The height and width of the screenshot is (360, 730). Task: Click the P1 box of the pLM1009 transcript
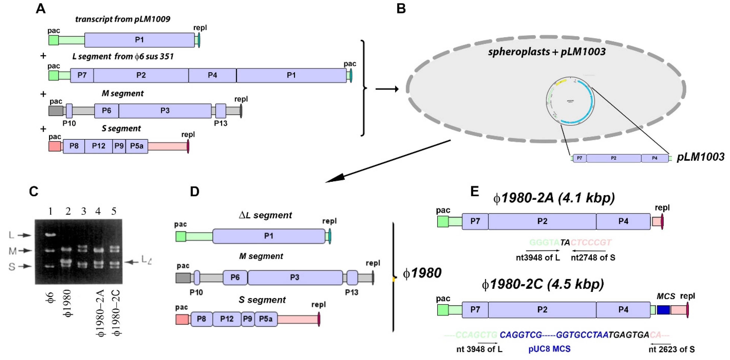pyautogui.click(x=139, y=40)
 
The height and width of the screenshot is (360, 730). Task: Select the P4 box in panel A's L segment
pyautogui.click(x=212, y=75)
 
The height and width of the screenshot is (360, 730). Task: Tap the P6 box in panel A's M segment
pyautogui.click(x=106, y=110)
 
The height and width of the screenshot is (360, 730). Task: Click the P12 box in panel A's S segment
pyautogui.click(x=98, y=146)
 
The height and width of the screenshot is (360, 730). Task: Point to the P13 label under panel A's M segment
pyautogui.click(x=221, y=123)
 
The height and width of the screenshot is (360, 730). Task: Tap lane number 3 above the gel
pyautogui.click(x=83, y=211)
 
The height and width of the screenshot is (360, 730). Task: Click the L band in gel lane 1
pyautogui.click(x=50, y=235)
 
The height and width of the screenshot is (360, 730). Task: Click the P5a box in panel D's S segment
pyautogui.click(x=265, y=319)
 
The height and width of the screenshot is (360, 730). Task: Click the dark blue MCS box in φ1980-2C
pyautogui.click(x=663, y=310)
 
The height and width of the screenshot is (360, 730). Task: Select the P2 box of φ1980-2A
pyautogui.click(x=542, y=221)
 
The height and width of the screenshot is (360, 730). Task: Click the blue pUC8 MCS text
pyautogui.click(x=549, y=349)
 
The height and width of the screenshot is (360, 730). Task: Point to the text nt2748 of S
pyautogui.click(x=593, y=258)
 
